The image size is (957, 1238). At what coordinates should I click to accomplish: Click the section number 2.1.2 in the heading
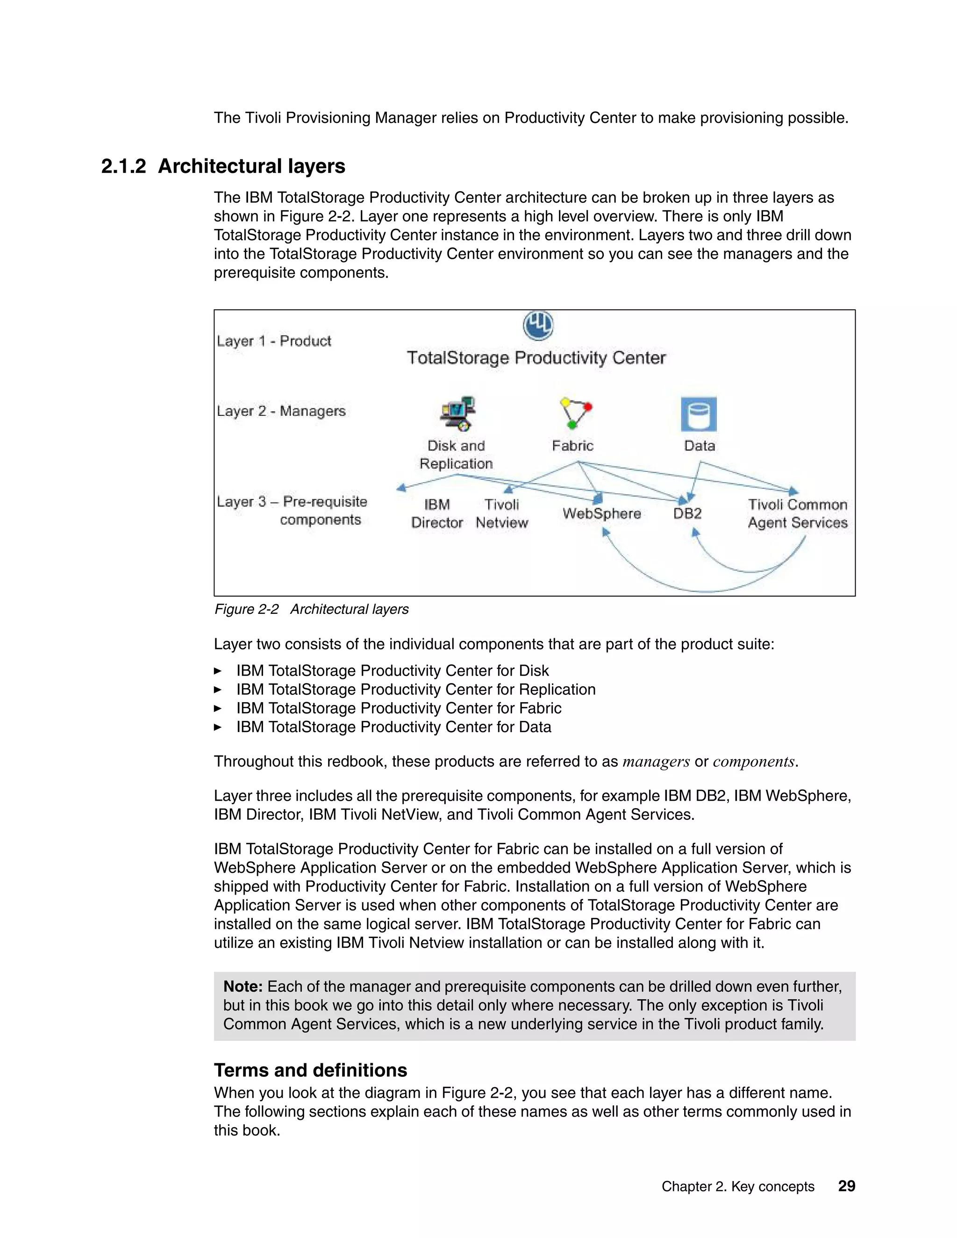pyautogui.click(x=123, y=167)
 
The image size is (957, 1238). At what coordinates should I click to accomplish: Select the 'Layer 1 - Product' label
pyautogui.click(x=274, y=341)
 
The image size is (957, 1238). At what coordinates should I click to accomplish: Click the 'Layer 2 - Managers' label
pyautogui.click(x=281, y=411)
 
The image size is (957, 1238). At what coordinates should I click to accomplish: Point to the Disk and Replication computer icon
pyautogui.click(x=457, y=414)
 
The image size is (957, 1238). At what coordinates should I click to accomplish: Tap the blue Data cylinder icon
pyautogui.click(x=699, y=414)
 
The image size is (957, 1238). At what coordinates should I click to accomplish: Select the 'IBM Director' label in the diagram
pyautogui.click(x=436, y=513)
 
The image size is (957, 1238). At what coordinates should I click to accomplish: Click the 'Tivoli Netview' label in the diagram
pyautogui.click(x=502, y=513)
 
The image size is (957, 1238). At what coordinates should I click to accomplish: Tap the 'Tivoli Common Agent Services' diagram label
pyautogui.click(x=797, y=513)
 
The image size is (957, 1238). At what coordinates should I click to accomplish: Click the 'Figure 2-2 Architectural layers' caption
pyautogui.click(x=311, y=609)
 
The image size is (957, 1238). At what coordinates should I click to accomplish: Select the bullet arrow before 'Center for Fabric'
pyautogui.click(x=218, y=709)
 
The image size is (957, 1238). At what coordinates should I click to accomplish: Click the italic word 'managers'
pyautogui.click(x=656, y=762)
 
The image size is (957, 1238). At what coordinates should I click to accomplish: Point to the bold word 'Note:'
pyautogui.click(x=243, y=987)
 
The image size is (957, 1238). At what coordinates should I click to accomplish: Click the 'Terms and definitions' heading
pyautogui.click(x=310, y=1070)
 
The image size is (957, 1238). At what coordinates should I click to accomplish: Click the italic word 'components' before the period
pyautogui.click(x=753, y=762)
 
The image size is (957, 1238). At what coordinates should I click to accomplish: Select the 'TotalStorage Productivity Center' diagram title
pyautogui.click(x=536, y=358)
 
